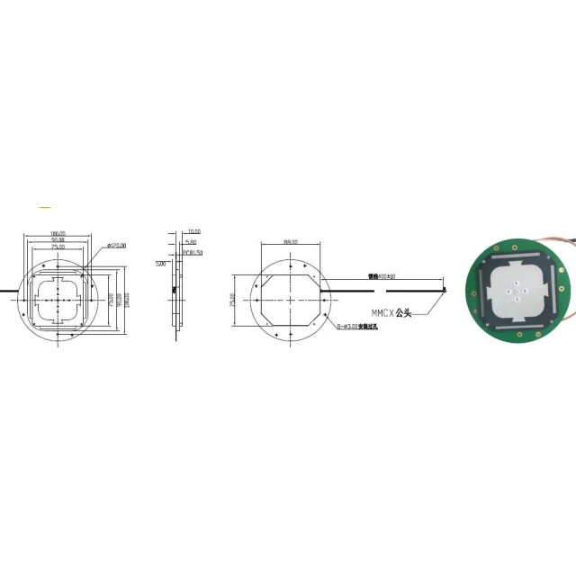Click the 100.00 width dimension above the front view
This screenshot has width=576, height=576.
(58, 232)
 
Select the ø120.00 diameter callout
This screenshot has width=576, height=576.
(117, 245)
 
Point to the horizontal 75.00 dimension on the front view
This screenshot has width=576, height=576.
(58, 247)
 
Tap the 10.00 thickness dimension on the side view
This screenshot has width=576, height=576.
(194, 232)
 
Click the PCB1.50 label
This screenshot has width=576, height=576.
(193, 254)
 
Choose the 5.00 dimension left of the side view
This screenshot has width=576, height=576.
(160, 265)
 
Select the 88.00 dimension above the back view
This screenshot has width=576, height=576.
(290, 242)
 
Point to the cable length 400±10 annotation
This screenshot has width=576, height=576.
(382, 276)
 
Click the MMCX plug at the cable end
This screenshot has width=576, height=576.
(446, 288)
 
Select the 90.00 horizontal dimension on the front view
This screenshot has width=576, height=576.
(58, 239)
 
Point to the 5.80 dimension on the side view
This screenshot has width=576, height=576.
(191, 242)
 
